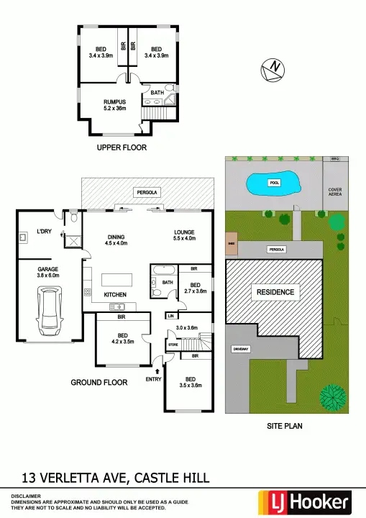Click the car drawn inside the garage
click(50, 311)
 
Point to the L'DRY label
click(29, 234)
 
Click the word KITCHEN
click(116, 295)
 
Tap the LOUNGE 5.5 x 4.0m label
click(185, 235)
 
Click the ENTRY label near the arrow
click(154, 379)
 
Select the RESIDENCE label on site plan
click(273, 292)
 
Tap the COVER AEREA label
click(335, 192)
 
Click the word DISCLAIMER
click(26, 496)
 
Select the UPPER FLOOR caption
click(122, 147)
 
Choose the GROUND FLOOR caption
click(99, 382)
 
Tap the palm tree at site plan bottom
click(333, 398)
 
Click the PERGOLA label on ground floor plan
click(149, 193)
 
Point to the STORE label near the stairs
click(173, 345)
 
